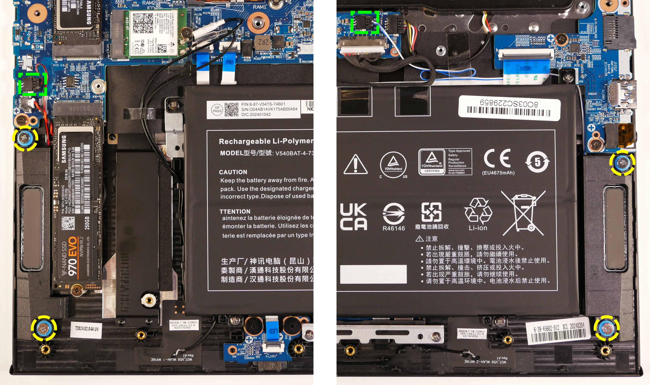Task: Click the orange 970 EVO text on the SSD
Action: (x=72, y=256)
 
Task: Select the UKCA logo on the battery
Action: (x=353, y=217)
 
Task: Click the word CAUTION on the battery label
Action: (x=233, y=172)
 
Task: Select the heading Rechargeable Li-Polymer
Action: (x=266, y=141)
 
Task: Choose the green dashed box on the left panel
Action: (x=33, y=84)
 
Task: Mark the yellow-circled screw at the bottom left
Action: (x=44, y=328)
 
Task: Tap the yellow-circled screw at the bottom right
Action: (x=606, y=328)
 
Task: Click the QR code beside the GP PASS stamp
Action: (x=231, y=109)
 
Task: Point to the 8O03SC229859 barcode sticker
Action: (x=509, y=108)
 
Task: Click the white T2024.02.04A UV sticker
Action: (x=86, y=329)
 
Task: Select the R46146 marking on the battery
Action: (x=393, y=228)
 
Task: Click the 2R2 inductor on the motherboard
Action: (x=263, y=41)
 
